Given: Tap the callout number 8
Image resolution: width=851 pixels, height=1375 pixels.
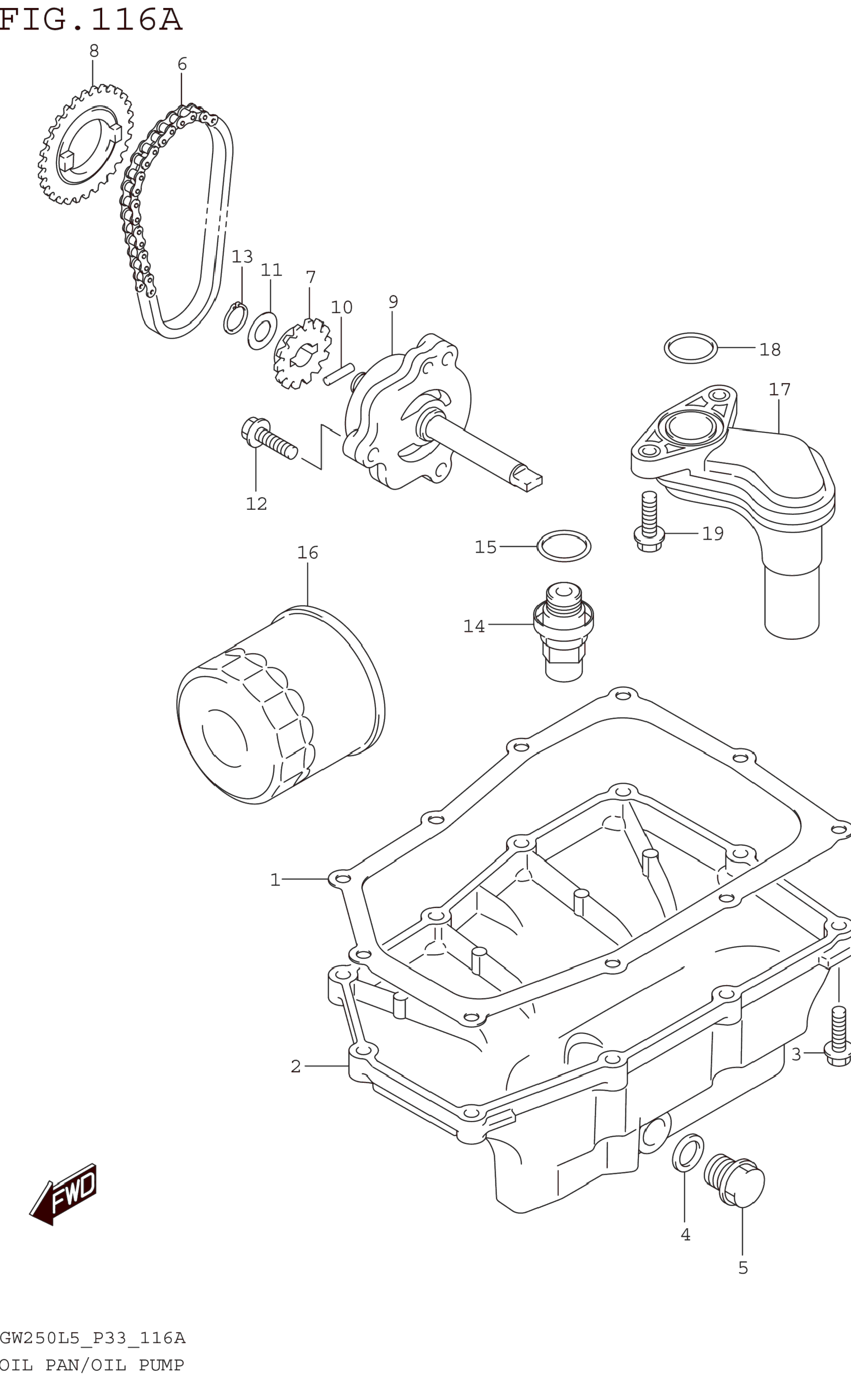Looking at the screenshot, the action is (94, 51).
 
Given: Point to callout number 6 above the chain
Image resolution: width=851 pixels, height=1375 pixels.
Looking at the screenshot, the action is (182, 64).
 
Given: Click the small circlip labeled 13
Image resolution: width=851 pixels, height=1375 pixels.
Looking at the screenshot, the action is (235, 318).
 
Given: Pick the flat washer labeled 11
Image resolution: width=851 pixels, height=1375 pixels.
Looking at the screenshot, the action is (262, 331).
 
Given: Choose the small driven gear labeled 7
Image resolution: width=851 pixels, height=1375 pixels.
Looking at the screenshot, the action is (302, 353).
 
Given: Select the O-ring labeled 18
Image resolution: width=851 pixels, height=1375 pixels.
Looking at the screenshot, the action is (691, 348).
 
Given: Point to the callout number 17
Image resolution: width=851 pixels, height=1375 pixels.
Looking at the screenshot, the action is (780, 389).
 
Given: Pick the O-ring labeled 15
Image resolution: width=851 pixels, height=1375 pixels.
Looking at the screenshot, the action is (564, 546).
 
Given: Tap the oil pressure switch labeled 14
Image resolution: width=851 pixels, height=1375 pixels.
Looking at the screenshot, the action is (563, 632).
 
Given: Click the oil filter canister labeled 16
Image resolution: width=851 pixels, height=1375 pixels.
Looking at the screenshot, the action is (281, 704).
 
